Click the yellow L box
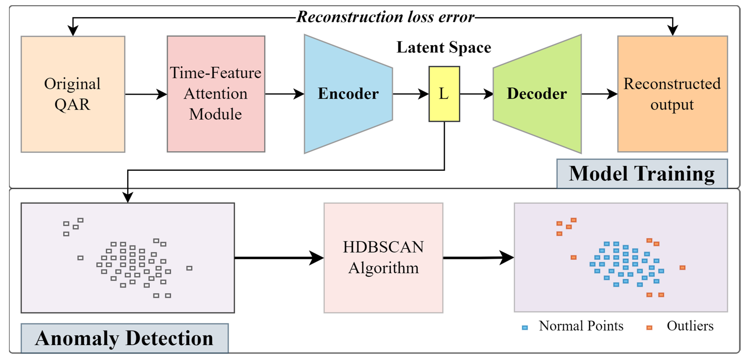coord(444,94)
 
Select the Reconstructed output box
coord(672,94)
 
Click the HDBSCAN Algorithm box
coord(383,258)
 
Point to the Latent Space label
coord(444,47)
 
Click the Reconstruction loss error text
coord(385,17)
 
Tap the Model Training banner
coord(642,174)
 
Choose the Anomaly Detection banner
coord(124,338)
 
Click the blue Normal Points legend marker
coord(525,327)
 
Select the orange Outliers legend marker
coord(649,327)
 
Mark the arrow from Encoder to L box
coord(410,94)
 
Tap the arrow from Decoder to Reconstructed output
coord(599,94)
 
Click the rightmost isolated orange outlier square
coord(682,267)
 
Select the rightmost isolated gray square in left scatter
coord(189,268)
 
